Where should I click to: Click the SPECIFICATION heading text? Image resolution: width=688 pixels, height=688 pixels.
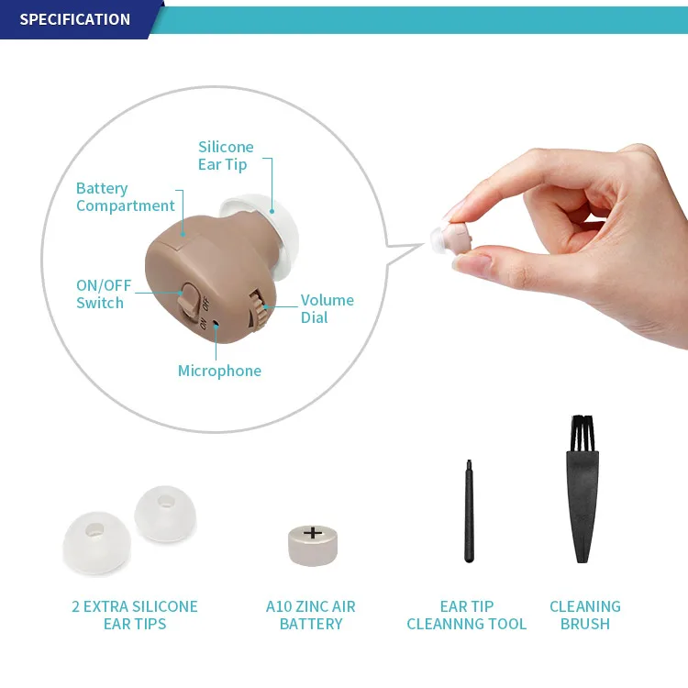click(75, 19)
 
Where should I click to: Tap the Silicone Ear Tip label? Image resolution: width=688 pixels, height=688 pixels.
click(226, 156)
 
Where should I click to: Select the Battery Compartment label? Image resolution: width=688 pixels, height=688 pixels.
click(125, 197)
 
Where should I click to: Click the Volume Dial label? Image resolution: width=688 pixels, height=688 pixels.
click(327, 309)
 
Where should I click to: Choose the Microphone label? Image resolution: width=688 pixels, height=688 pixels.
click(219, 372)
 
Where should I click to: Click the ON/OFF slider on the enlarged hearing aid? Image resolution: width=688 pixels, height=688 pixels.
click(190, 297)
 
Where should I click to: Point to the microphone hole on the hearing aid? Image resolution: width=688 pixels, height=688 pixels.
click(216, 322)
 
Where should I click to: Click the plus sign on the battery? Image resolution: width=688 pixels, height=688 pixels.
click(313, 532)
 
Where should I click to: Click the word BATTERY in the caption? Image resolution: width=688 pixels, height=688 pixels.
click(311, 625)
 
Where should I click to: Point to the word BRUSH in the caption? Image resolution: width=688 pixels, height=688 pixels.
click(585, 625)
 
